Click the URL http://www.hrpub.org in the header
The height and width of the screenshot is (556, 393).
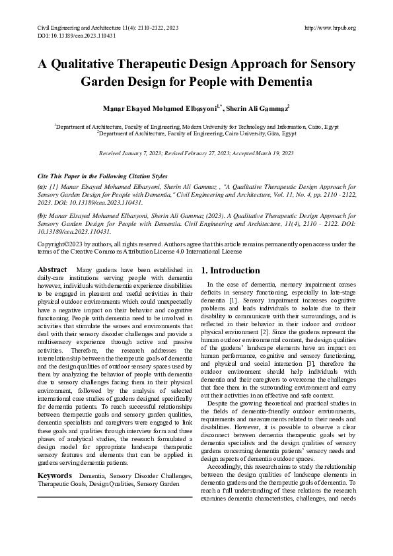point(330,28)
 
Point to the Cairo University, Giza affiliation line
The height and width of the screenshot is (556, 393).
point(196,133)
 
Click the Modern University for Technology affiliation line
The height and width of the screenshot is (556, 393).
point(196,125)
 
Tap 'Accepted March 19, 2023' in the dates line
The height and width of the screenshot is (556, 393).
point(264,153)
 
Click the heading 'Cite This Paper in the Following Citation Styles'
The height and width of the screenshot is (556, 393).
point(102,177)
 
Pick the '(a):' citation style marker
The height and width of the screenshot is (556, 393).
point(42,188)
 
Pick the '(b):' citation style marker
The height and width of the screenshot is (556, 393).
point(42,216)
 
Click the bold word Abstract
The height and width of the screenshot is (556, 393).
point(52,270)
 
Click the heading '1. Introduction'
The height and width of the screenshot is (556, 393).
point(230,271)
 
